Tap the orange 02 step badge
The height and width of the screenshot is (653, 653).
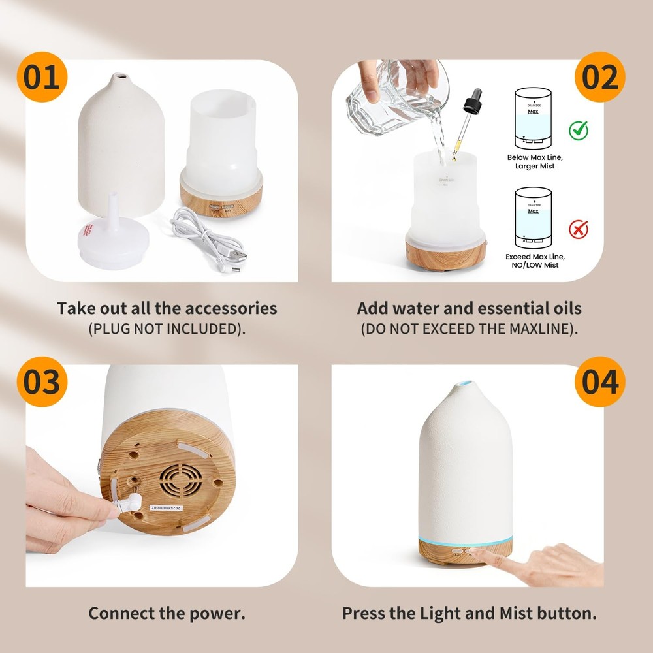click(x=599, y=78)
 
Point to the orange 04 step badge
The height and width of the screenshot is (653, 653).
click(x=599, y=382)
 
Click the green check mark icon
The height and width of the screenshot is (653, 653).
click(x=578, y=130)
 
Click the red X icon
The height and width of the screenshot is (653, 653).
click(x=578, y=229)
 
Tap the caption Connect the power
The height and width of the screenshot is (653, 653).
click(x=167, y=614)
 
